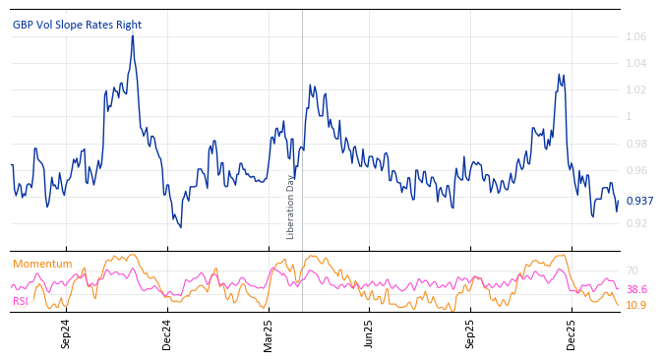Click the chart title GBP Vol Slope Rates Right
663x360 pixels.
click(x=77, y=25)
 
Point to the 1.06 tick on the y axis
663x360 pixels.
click(x=637, y=36)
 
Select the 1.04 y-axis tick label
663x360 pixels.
click(x=637, y=63)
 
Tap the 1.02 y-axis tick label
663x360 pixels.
click(x=637, y=90)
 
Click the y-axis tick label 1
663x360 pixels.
click(x=631, y=116)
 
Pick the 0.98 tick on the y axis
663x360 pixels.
click(x=637, y=144)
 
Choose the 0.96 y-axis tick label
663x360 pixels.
click(x=637, y=170)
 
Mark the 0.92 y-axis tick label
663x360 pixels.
click(x=637, y=223)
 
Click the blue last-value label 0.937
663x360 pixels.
click(x=640, y=201)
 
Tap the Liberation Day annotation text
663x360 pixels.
click(x=290, y=207)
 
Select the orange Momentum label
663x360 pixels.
click(x=42, y=264)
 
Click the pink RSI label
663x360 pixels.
click(x=21, y=301)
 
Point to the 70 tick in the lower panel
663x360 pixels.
click(x=633, y=270)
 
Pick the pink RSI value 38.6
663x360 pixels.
click(x=636, y=289)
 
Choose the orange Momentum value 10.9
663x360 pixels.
click(x=636, y=305)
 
